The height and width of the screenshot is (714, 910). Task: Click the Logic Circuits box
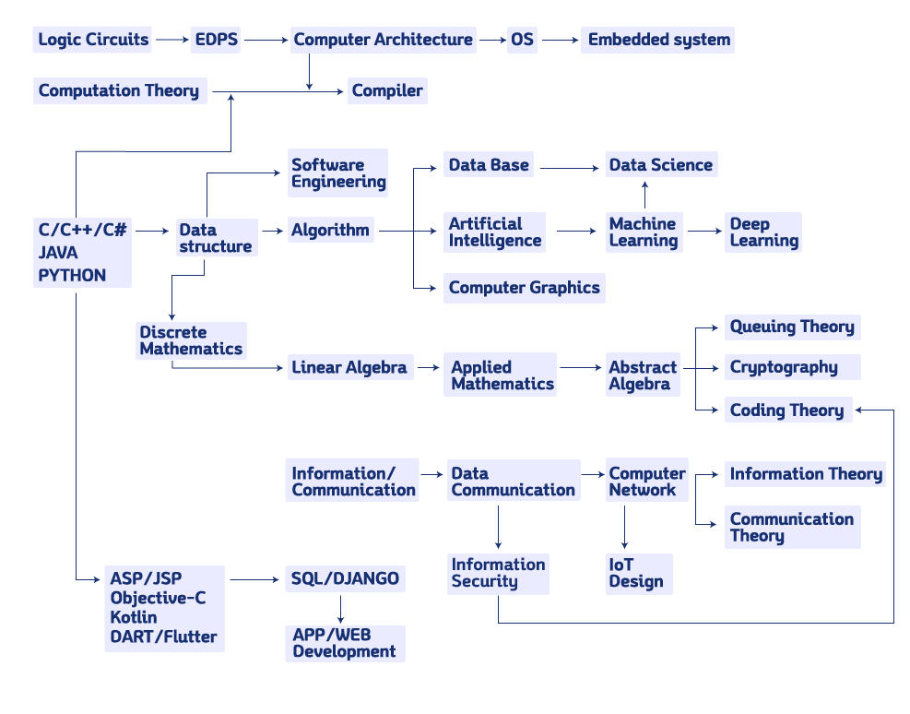pos(93,40)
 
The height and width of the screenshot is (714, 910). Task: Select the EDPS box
pos(216,40)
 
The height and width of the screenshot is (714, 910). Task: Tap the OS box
pos(522,40)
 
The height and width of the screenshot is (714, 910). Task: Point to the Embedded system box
pos(658,40)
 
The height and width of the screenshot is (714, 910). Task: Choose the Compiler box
pos(387,90)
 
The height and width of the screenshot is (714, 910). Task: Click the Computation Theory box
pos(119,90)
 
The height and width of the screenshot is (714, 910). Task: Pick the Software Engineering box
pos(337,173)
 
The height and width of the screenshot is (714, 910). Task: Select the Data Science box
pos(660,165)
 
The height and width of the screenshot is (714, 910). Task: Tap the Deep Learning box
pos(762,232)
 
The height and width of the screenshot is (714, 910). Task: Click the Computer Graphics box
pos(524,287)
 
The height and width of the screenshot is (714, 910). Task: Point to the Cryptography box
pos(792,367)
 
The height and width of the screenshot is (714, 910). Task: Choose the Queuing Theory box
pos(792,327)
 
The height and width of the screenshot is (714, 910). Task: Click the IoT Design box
pos(637,573)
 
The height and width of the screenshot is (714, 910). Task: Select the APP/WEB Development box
pos(345,643)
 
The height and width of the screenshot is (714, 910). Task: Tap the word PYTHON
pos(72,275)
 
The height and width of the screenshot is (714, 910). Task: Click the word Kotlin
pos(134,617)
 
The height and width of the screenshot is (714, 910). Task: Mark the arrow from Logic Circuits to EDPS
pos(172,40)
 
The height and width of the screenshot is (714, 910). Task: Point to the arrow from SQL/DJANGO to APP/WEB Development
pos(341,608)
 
